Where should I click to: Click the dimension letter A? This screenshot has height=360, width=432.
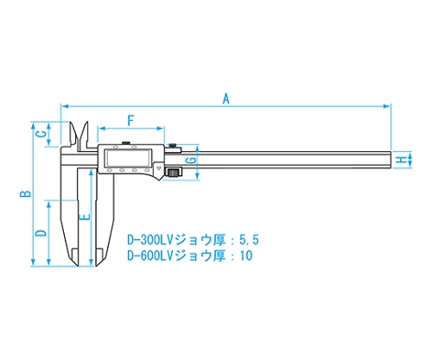point(226,98)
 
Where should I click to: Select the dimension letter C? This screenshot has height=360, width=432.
point(42,134)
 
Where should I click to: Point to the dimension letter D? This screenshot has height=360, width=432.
point(41,233)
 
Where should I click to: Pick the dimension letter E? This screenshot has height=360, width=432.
point(86,217)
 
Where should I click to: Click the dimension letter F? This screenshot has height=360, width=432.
point(130,121)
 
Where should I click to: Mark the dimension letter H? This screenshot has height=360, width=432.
point(401,160)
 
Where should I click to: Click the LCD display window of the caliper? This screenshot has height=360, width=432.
point(129,158)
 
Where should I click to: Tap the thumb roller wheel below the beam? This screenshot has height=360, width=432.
point(174,173)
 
